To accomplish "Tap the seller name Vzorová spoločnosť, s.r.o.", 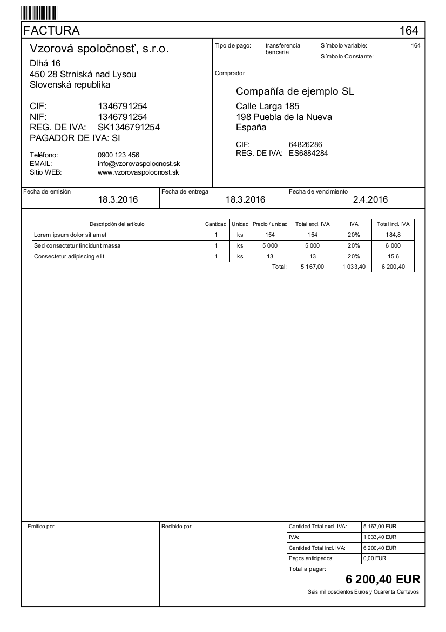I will [x=99, y=49].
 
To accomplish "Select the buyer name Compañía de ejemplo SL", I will [x=295, y=91].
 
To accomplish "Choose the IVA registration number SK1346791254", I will [x=129, y=127].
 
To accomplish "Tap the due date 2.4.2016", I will [x=370, y=200].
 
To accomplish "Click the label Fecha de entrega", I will [x=185, y=191].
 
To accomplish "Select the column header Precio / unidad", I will [x=271, y=224].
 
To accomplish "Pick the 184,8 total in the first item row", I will [x=394, y=235].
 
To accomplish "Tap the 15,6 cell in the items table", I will [x=394, y=256].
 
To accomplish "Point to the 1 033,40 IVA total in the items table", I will [x=354, y=267].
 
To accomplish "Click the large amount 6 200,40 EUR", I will [x=382, y=580].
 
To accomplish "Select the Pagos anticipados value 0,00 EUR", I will [x=375, y=557].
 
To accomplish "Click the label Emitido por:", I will [x=42, y=525].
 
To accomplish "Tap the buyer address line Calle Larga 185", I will [x=267, y=106].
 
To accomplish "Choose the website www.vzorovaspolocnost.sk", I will [x=138, y=172].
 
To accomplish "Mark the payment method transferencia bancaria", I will [x=282, y=49].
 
